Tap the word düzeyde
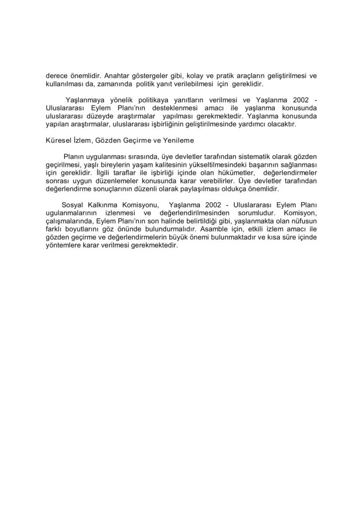(98, 116)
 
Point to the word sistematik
(240, 157)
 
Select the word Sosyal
(73, 205)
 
